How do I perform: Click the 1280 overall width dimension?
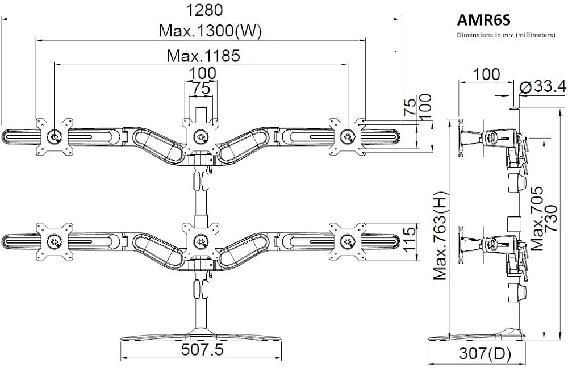[x=204, y=10]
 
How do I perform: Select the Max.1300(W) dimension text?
[x=210, y=31]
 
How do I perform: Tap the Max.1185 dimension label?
[x=203, y=56]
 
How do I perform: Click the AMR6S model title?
[x=483, y=20]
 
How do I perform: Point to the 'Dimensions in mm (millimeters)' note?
[x=506, y=35]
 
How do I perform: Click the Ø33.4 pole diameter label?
[x=542, y=86]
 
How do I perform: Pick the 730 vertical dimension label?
[x=550, y=219]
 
